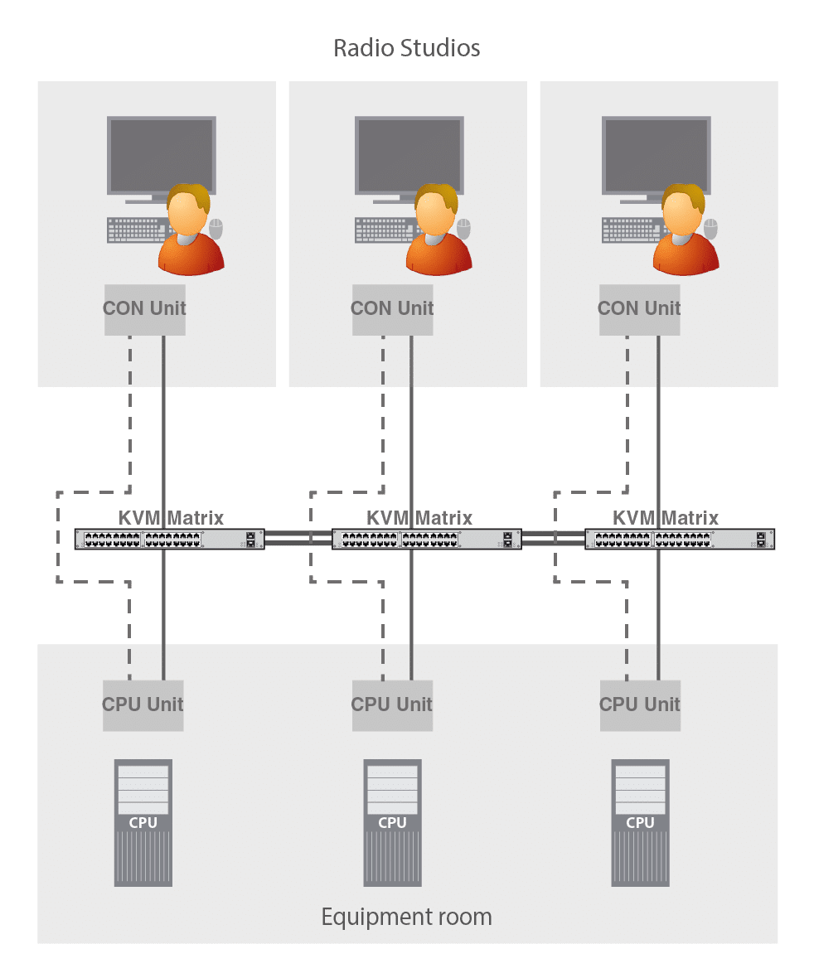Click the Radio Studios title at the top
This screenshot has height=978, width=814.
[x=407, y=48]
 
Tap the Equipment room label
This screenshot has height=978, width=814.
[x=406, y=917]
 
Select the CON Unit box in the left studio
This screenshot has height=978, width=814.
[x=145, y=309]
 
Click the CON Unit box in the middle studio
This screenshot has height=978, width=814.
[x=392, y=309]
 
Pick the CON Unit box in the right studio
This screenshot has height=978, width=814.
[x=639, y=309]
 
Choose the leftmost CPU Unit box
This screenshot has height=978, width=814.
[x=143, y=705]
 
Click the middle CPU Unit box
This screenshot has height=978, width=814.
[x=392, y=705]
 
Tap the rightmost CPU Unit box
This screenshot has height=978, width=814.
[x=639, y=705]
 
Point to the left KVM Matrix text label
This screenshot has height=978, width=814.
[x=171, y=519]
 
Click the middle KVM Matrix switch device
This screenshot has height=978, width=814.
[x=427, y=540]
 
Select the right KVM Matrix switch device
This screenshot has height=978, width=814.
[x=681, y=540]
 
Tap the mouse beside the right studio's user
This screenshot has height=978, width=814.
[x=711, y=226]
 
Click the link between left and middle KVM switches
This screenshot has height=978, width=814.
[x=298, y=540]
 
